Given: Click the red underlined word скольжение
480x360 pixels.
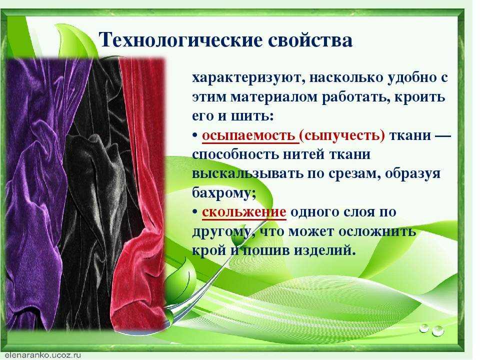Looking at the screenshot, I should point(244,212).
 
